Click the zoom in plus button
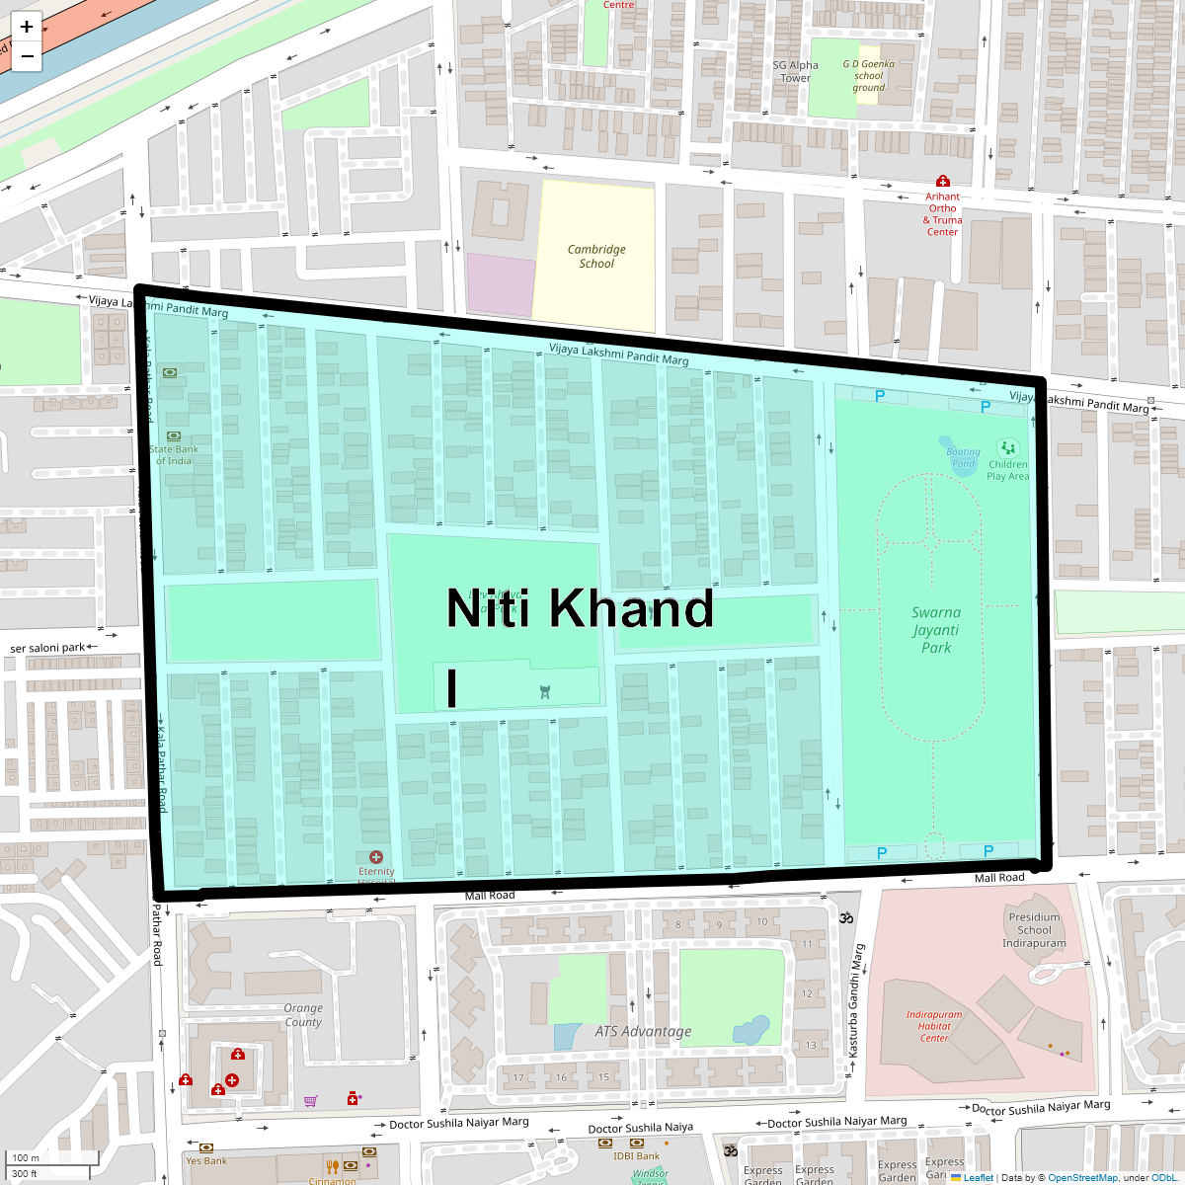[27, 27]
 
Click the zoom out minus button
[27, 56]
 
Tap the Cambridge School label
[596, 257]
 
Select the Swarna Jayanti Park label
[936, 630]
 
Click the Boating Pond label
[963, 457]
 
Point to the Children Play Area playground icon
[1007, 448]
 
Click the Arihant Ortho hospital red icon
[943, 182]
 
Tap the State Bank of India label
[174, 455]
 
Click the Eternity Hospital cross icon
[376, 857]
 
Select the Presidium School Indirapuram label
[1034, 930]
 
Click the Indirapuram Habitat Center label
[934, 1026]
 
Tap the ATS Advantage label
[643, 1032]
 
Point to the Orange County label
[303, 1015]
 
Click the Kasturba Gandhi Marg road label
[857, 1001]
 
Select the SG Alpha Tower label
[795, 72]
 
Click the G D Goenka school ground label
[869, 76]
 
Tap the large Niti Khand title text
[580, 608]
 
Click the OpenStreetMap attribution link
[1082, 1177]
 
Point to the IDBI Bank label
[636, 1156]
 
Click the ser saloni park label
[47, 648]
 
